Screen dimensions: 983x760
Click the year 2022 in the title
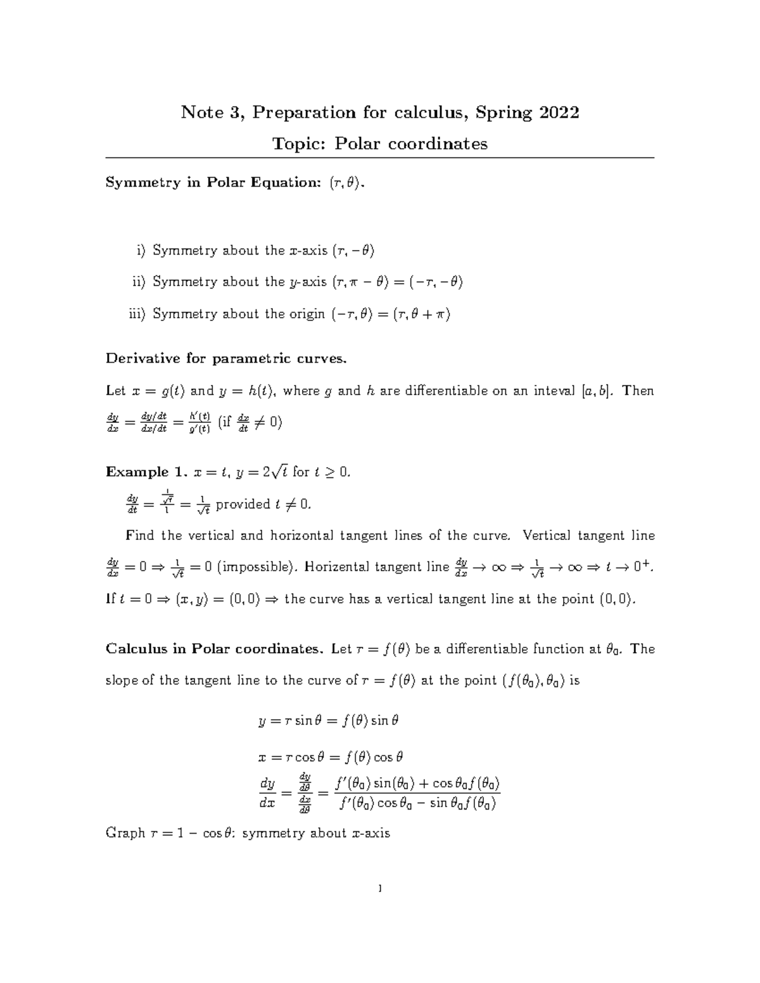559,113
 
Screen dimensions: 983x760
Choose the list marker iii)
137,314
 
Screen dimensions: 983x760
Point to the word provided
243,504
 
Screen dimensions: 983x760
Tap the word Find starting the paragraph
139,535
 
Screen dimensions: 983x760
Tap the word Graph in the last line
125,833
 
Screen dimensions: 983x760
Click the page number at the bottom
379,889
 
